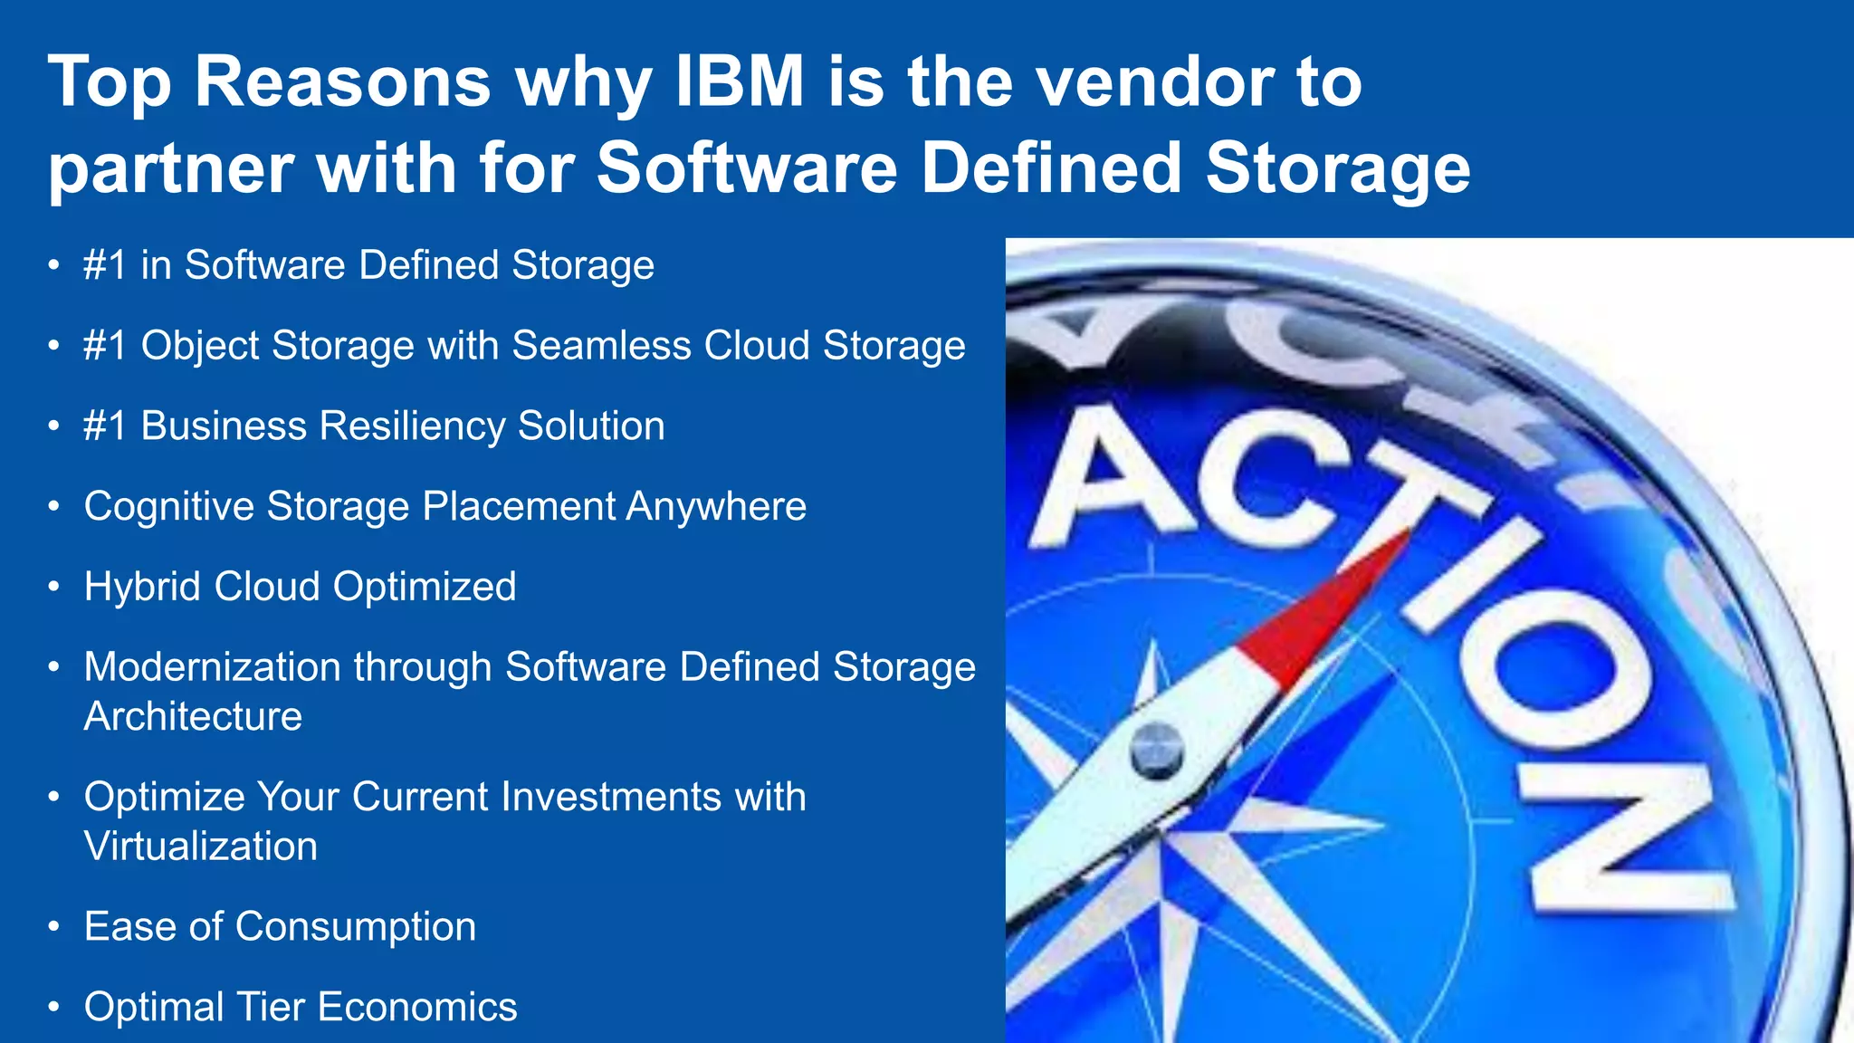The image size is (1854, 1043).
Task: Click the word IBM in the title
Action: (741, 81)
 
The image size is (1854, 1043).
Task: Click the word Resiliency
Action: (412, 426)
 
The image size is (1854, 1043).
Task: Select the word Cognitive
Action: (168, 506)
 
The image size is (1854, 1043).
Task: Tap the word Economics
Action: (417, 1007)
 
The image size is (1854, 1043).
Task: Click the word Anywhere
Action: (715, 506)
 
